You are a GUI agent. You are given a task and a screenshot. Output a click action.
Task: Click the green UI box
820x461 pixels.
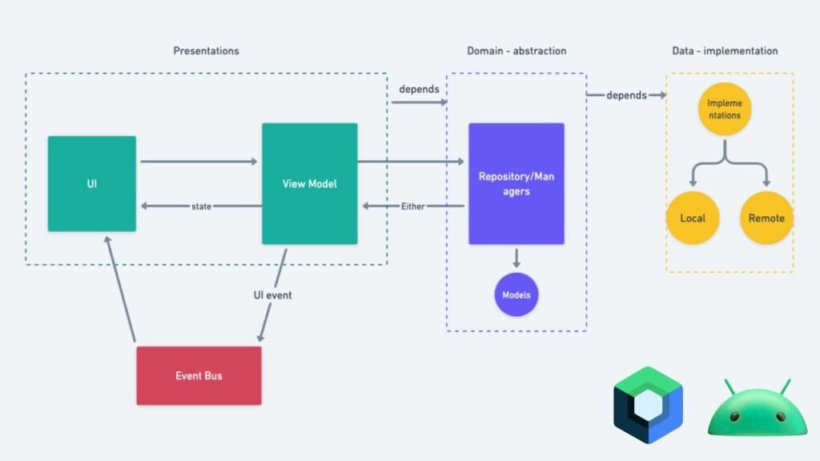[x=91, y=183]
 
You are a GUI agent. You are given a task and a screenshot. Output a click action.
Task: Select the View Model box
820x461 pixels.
[x=309, y=183]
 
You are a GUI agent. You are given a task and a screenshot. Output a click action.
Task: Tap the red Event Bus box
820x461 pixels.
[x=199, y=375]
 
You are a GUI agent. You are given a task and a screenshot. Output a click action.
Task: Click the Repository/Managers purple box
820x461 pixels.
[x=516, y=183]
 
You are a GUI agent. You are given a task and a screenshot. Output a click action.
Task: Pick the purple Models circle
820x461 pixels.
[x=516, y=295]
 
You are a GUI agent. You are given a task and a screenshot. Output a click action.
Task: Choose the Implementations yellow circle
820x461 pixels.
[x=724, y=110]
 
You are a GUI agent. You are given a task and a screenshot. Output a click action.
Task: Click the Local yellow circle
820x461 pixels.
[x=692, y=218]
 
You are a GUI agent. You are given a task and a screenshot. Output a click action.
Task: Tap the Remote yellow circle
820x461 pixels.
[x=766, y=218]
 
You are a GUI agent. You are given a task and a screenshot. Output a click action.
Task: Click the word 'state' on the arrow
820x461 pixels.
[x=201, y=206]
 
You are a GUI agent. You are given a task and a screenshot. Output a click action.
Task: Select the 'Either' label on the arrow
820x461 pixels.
[x=412, y=206]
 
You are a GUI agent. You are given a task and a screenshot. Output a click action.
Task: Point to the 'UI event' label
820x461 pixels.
[x=272, y=295]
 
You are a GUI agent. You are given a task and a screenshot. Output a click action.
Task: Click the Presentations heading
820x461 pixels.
[x=206, y=51]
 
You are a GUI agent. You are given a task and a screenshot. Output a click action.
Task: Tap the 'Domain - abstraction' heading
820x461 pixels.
[x=517, y=51]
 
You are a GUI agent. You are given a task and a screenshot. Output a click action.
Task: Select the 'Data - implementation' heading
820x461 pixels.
[x=724, y=51]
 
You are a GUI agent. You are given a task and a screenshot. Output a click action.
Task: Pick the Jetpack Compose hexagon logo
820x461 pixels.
[x=647, y=405]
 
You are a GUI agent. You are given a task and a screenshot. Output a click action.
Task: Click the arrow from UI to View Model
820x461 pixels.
[x=198, y=162]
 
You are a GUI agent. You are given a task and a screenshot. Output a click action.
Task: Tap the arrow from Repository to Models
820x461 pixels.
[x=516, y=258]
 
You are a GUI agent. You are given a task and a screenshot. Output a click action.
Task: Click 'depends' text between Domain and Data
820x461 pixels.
[x=626, y=95]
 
